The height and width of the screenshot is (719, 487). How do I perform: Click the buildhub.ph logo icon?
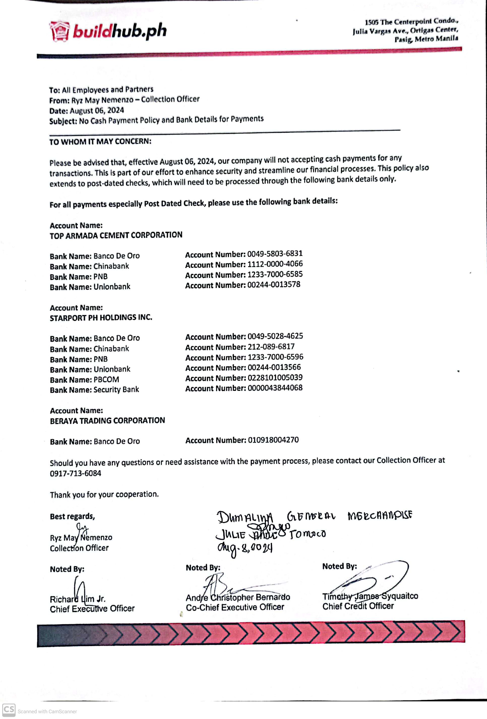click(x=59, y=31)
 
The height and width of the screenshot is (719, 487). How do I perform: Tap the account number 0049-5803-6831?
click(x=275, y=254)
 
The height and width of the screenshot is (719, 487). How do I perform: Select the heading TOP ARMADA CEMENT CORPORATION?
click(x=116, y=235)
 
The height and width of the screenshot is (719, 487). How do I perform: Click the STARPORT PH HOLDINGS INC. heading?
click(x=101, y=318)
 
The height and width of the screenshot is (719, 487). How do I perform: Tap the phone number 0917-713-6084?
click(x=75, y=473)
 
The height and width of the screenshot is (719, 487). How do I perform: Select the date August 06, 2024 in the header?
click(x=97, y=110)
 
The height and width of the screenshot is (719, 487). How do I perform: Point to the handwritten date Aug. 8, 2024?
click(x=245, y=548)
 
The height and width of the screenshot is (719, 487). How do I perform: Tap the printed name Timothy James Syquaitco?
click(x=370, y=596)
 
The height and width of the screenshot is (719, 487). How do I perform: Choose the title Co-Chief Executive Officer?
click(x=235, y=607)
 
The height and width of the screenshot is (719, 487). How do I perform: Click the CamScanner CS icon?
click(x=9, y=710)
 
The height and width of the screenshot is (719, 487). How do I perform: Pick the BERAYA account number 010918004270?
click(x=273, y=440)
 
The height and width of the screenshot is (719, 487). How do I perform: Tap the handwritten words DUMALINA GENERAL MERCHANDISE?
click(x=314, y=516)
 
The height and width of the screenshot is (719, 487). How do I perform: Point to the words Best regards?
click(x=72, y=516)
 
